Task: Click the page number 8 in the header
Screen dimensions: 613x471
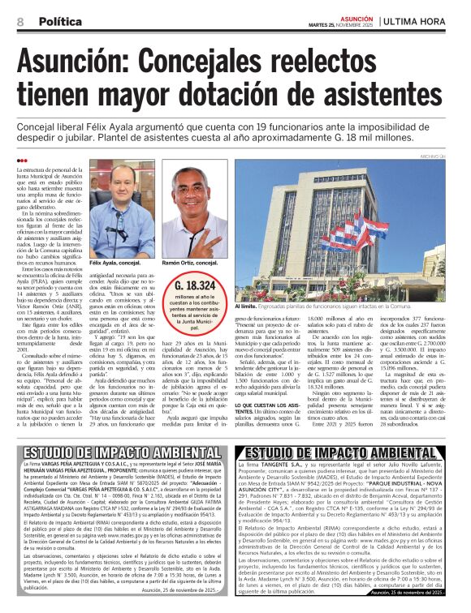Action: (20, 21)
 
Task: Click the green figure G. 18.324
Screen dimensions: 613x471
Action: (195, 285)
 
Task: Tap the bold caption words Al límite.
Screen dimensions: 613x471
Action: (247, 307)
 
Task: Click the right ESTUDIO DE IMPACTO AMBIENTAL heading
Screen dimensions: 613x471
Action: (350, 451)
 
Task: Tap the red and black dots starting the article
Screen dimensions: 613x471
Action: (22, 161)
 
